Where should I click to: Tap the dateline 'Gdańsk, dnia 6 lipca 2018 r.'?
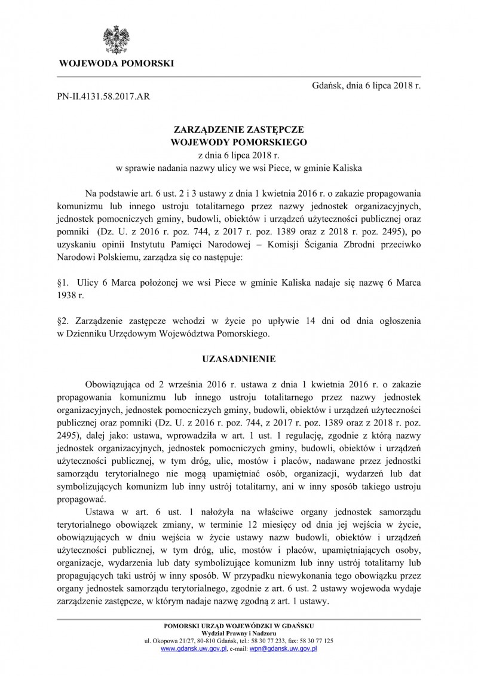(x=366, y=85)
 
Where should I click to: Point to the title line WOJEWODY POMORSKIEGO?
(x=238, y=142)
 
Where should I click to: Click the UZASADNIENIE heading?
(x=238, y=360)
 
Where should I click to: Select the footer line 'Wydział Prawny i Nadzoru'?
(x=238, y=633)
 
